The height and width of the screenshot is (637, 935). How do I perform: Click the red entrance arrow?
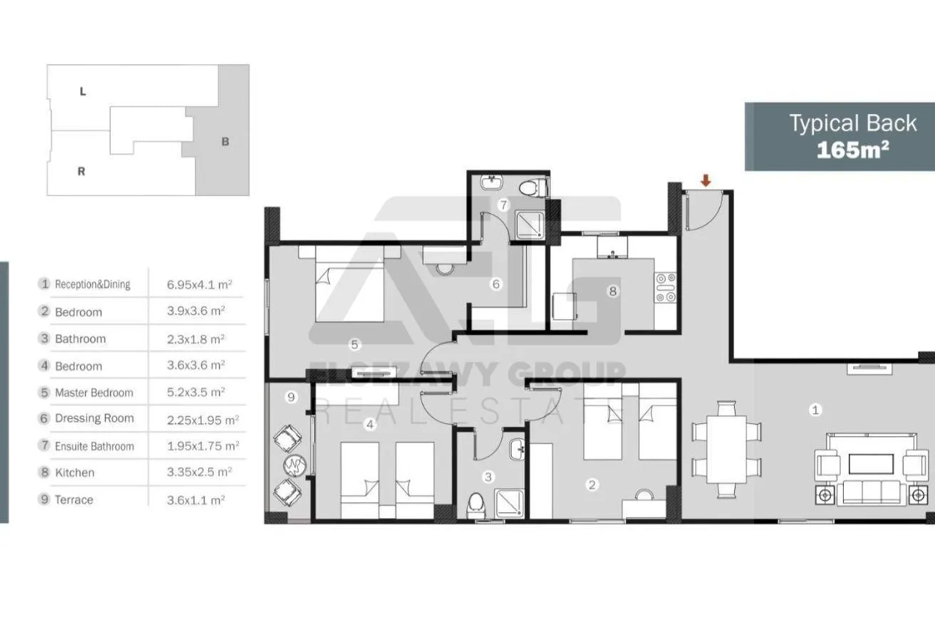(706, 180)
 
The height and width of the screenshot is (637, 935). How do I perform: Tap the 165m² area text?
(853, 150)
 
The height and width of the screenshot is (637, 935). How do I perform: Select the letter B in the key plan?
(225, 142)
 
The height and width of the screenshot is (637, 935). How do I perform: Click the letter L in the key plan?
(83, 91)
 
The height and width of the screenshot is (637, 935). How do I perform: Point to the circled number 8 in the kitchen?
(613, 291)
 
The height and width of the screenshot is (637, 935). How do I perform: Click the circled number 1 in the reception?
(815, 410)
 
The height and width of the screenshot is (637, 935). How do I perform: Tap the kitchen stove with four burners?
(666, 287)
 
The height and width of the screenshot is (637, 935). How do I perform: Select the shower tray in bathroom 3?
(509, 504)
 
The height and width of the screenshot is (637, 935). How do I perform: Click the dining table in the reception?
(726, 449)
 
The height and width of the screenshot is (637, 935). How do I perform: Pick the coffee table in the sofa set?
(871, 464)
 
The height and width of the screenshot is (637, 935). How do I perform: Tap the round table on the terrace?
(295, 465)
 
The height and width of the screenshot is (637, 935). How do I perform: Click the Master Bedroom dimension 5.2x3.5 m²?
(196, 392)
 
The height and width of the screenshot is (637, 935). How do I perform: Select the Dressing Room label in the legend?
(94, 418)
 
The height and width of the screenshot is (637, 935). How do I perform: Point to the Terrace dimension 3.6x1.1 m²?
(196, 499)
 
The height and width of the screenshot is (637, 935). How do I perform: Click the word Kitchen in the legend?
(75, 472)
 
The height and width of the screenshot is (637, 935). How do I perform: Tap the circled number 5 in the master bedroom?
(354, 344)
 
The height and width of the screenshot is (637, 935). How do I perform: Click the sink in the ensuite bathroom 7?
(492, 182)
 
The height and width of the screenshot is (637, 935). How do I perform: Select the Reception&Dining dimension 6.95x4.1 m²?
(200, 285)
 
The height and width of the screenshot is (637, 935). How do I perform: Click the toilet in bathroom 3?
(476, 505)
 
